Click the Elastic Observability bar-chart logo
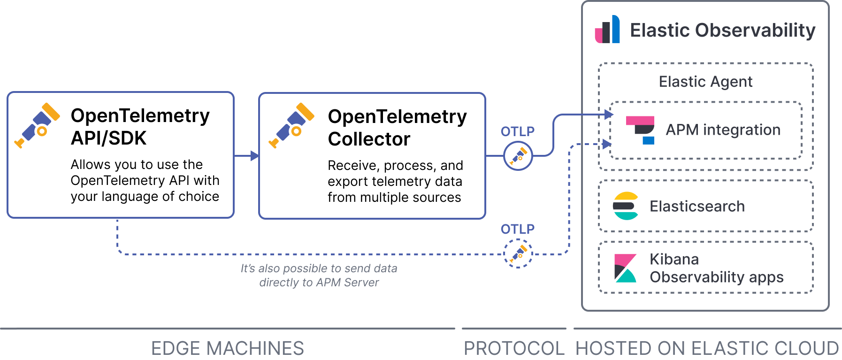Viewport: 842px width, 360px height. [x=607, y=30]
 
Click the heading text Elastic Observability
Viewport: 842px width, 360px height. [x=722, y=31]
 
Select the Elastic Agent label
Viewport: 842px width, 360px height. [x=705, y=82]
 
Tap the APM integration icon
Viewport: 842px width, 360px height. [x=641, y=130]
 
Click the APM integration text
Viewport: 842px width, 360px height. [x=723, y=130]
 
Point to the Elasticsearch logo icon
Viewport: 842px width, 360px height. [x=626, y=206]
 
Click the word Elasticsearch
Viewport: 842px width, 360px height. [x=697, y=207]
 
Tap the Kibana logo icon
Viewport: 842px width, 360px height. [x=625, y=268]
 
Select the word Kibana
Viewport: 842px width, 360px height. [x=674, y=260]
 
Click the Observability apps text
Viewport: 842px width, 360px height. [x=716, y=277]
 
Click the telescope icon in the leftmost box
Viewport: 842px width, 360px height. [x=38, y=125]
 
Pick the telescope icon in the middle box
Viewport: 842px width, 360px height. [x=291, y=125]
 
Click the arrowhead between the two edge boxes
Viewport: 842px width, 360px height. [x=255, y=156]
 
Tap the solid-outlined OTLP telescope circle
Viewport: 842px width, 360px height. [x=518, y=156]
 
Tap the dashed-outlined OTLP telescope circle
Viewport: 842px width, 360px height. [x=518, y=253]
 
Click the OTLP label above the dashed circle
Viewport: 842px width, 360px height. [x=517, y=229]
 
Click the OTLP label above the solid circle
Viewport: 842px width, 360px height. [x=517, y=131]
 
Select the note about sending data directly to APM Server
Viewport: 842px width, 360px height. [x=319, y=276]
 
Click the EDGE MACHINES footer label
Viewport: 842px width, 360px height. [x=227, y=348]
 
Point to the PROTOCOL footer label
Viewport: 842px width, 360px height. [x=513, y=348]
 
